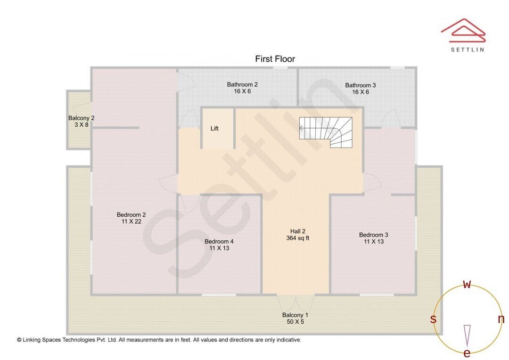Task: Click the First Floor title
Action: [275, 59]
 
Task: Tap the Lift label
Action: [214, 129]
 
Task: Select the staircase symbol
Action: [326, 132]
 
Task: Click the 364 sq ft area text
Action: [298, 238]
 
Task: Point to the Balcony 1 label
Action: [295, 315]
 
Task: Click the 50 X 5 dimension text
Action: [296, 322]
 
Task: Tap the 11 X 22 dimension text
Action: [131, 221]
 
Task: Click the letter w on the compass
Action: [467, 285]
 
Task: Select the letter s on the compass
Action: [433, 319]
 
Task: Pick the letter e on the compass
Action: [467, 353]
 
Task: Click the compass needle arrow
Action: [467, 335]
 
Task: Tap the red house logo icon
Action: [463, 31]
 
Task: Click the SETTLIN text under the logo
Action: [468, 49]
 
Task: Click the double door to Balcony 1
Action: [296, 304]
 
